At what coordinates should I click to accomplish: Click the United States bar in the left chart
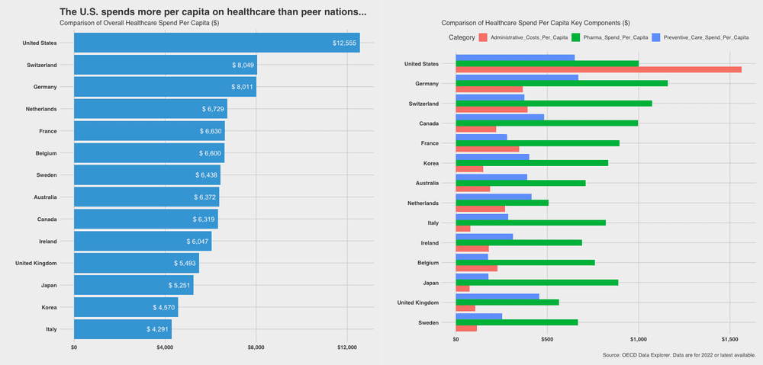[x=217, y=43]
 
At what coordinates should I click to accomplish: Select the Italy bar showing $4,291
[x=122, y=330]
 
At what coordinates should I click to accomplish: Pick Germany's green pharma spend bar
[x=562, y=83]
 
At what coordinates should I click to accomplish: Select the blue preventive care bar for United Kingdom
[x=497, y=296]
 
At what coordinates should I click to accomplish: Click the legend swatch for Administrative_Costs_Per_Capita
[x=482, y=37]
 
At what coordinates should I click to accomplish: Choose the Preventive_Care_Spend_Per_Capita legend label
[x=707, y=37]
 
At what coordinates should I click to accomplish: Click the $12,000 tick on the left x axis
[x=347, y=347]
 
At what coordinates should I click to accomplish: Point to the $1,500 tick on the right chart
[x=730, y=340]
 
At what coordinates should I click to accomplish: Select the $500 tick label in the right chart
[x=547, y=340]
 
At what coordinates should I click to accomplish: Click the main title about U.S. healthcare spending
[x=213, y=12]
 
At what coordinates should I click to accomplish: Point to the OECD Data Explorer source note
[x=678, y=354]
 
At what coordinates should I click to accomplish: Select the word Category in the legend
[x=462, y=37]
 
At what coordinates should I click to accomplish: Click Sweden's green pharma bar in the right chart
[x=517, y=322]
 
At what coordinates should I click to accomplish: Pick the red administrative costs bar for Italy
[x=462, y=229]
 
